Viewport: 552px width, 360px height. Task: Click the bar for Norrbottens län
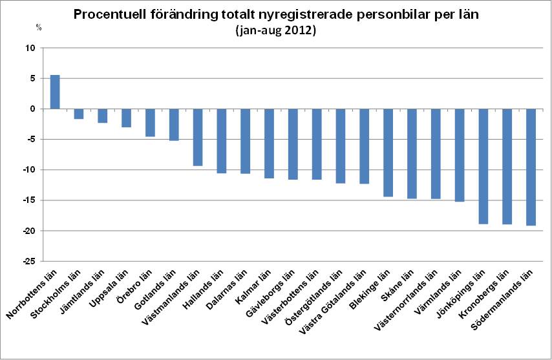click(x=55, y=92)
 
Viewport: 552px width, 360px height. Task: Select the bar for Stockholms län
click(x=79, y=114)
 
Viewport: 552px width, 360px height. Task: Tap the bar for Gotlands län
click(x=174, y=124)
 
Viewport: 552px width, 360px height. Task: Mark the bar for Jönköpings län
click(x=483, y=166)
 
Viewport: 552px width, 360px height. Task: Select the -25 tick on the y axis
click(x=27, y=261)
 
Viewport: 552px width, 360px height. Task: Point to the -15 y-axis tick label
click(x=27, y=200)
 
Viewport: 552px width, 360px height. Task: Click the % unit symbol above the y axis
click(x=38, y=27)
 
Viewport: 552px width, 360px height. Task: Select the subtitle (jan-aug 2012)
click(x=275, y=30)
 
